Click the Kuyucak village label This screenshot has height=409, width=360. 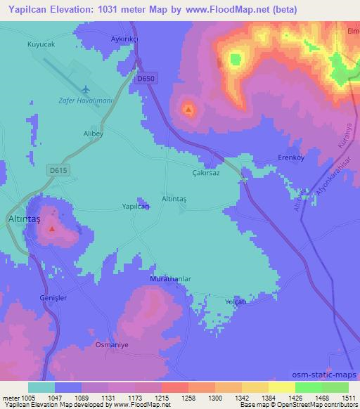pos(41,44)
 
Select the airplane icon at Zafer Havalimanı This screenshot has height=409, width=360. pos(86,89)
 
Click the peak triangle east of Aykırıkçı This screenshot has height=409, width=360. pos(188,109)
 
